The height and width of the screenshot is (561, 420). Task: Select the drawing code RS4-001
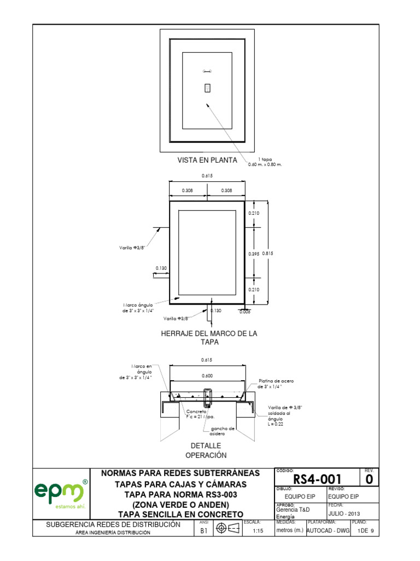coord(317,479)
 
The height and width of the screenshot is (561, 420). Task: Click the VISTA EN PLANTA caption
coord(207,161)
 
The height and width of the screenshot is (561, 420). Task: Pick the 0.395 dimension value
coord(253,253)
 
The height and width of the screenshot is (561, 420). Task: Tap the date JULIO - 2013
coord(344,513)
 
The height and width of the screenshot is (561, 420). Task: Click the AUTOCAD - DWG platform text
coord(328,531)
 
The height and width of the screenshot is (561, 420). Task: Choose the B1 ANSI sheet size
coord(203,531)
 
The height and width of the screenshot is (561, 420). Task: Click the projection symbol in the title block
coord(227,528)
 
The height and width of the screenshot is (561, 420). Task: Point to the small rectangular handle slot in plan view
coord(207,88)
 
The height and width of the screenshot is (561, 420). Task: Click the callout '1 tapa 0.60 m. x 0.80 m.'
coord(268,162)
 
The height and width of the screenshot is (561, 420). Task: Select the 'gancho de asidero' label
coord(222,431)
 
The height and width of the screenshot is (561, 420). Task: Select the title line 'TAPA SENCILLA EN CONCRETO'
coord(180,514)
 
